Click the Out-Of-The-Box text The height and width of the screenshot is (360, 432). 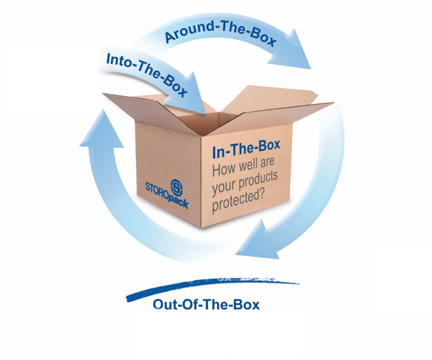(206, 305)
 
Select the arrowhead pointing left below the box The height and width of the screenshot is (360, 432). (254, 239)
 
